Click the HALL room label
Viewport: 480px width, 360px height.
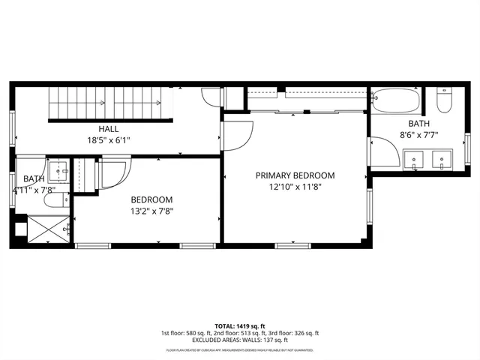click(108, 129)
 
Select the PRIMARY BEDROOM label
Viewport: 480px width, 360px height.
click(295, 175)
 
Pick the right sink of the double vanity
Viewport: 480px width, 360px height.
click(442, 159)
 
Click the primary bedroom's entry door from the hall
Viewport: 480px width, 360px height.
click(236, 135)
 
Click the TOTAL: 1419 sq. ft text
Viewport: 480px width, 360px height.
click(240, 326)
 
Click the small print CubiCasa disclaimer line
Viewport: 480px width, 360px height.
click(240, 350)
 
